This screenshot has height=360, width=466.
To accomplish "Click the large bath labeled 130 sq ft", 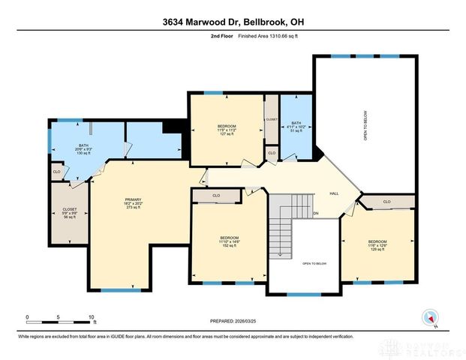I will [x=83, y=149].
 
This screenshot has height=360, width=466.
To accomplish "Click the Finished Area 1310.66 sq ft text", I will [x=268, y=34].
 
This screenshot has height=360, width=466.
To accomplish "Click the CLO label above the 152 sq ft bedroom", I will [x=216, y=196].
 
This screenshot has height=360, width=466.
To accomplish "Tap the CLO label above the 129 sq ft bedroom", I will [x=386, y=201].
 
